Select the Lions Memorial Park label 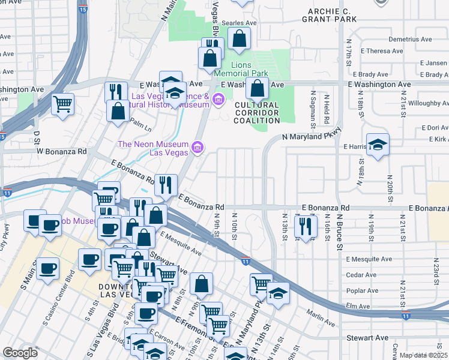250,68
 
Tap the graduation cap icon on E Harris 378,145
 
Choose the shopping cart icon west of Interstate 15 62,104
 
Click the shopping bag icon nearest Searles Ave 239,39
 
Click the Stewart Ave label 367,338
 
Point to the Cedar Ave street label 361,275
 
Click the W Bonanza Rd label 62,151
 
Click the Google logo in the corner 20,353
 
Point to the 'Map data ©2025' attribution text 423,355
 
